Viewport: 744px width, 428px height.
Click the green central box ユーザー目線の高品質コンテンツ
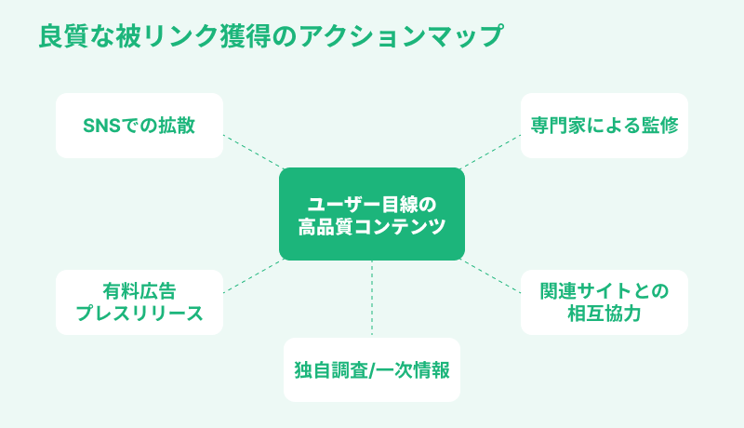pyautogui.click(x=372, y=214)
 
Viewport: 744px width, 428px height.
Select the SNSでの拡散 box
pyautogui.click(x=139, y=126)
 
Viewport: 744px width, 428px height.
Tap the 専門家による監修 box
pyautogui.click(x=604, y=126)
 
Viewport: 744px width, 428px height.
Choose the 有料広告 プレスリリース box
pyautogui.click(x=139, y=301)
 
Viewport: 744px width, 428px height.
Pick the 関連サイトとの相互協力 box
pyautogui.click(x=604, y=301)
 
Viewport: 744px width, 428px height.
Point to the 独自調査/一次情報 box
pyautogui.click(x=372, y=369)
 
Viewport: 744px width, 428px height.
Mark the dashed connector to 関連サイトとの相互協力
pyautogui.click(x=491, y=275)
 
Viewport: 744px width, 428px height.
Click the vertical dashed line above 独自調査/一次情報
pyautogui.click(x=372, y=298)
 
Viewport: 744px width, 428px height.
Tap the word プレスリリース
pyautogui.click(x=139, y=314)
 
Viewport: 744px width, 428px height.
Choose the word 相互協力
pyautogui.click(x=604, y=314)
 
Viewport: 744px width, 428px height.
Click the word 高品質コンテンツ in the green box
pyautogui.click(x=372, y=226)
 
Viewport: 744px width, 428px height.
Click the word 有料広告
pyautogui.click(x=139, y=290)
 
